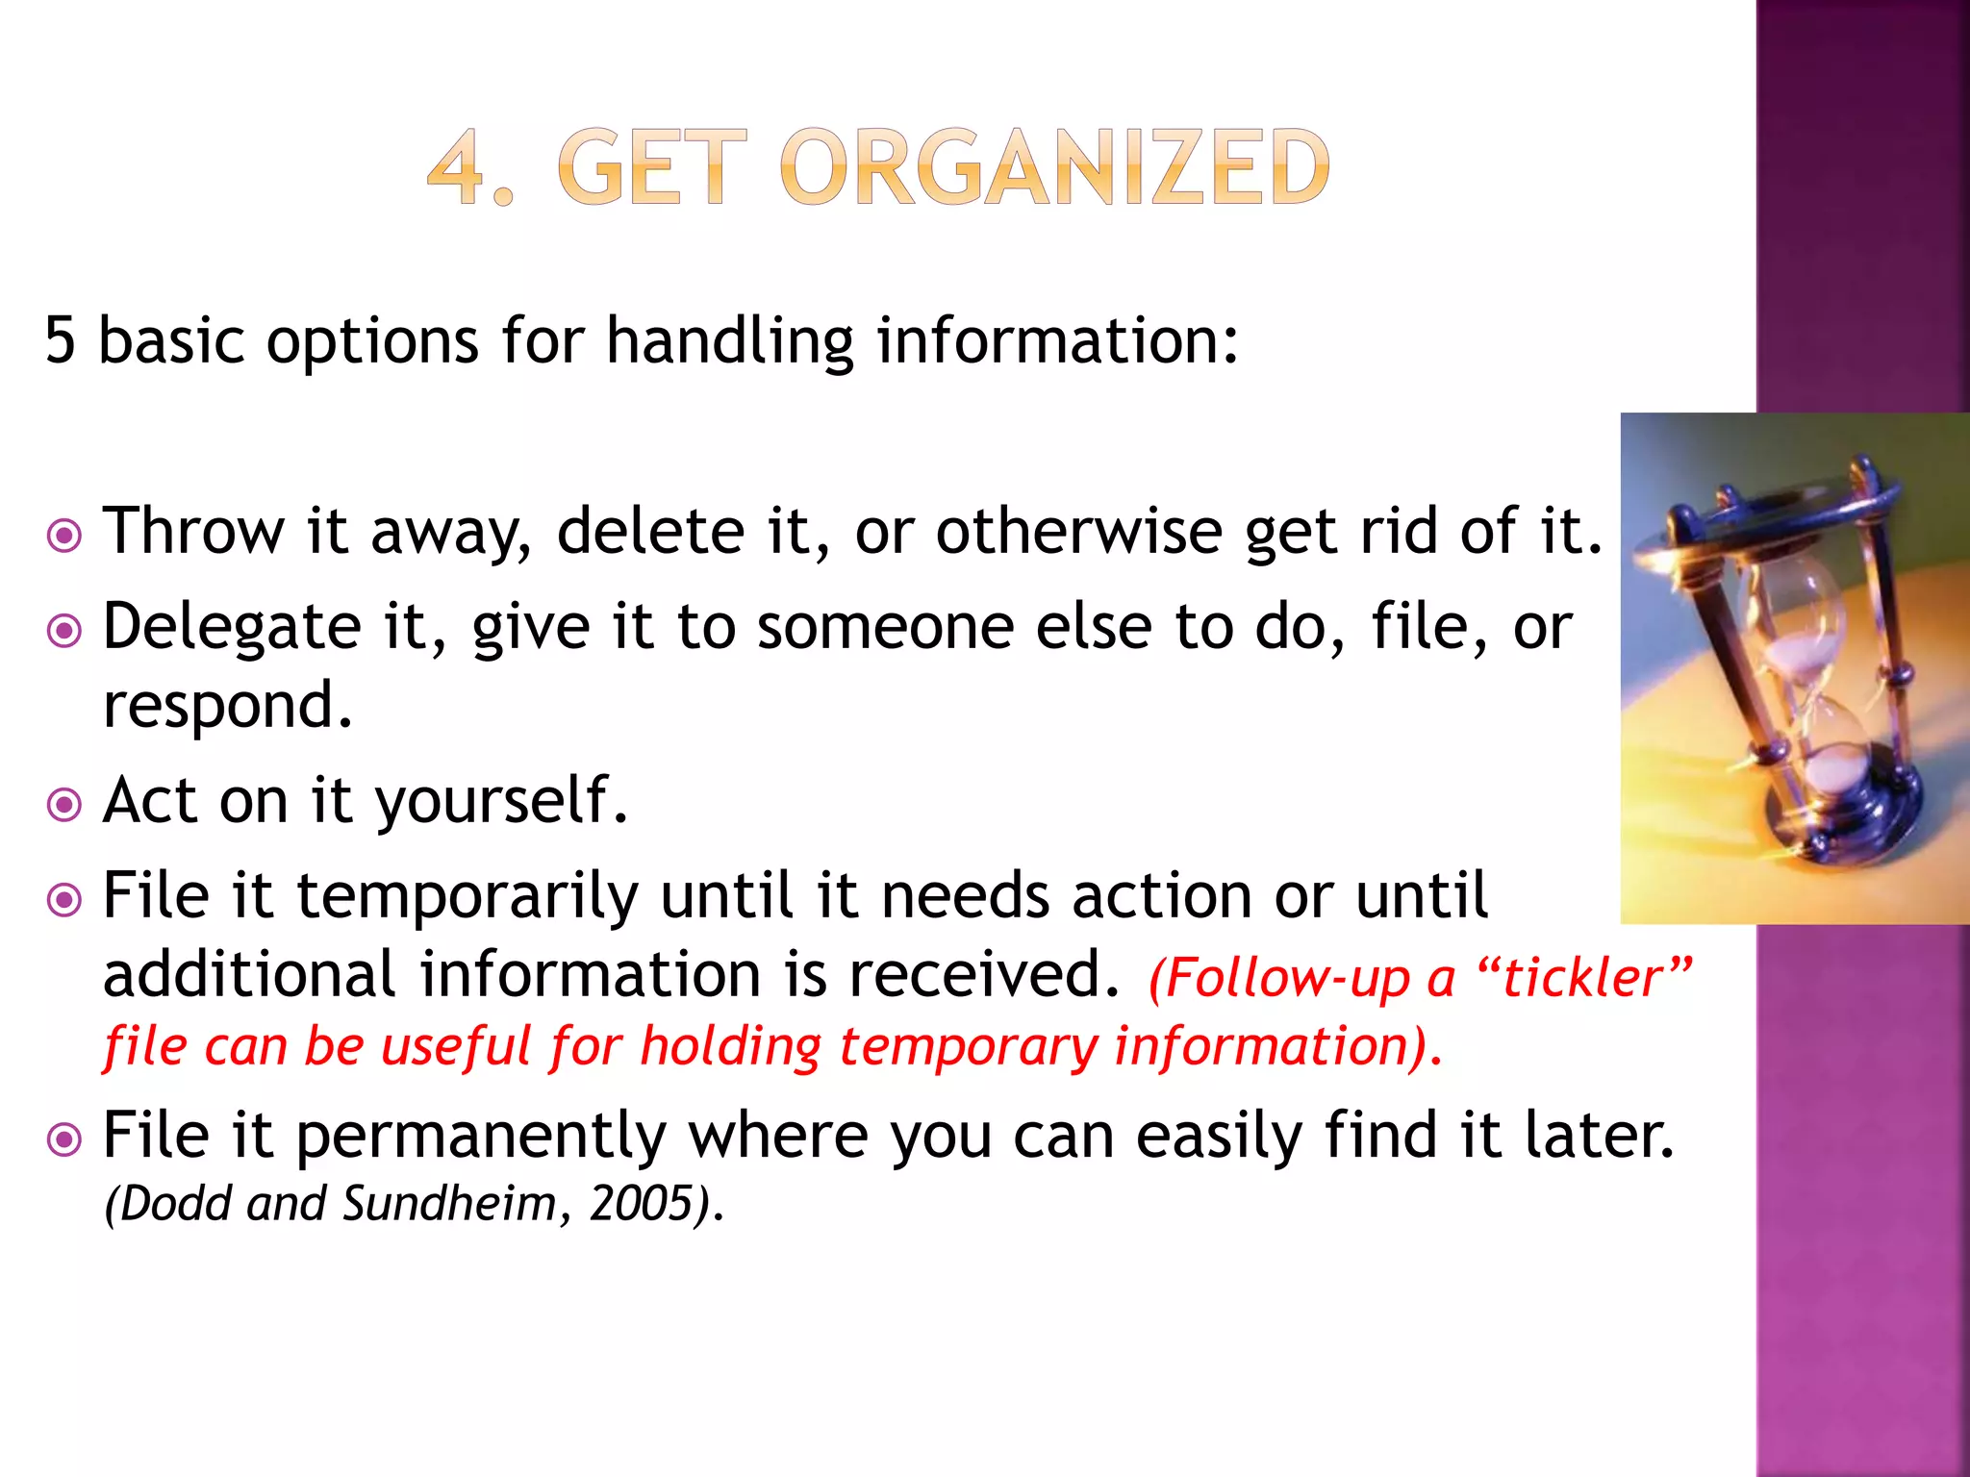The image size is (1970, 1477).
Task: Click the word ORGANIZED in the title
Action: pos(1055,169)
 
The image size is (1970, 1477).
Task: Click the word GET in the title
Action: pos(651,169)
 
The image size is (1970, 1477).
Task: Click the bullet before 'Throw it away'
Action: pos(64,536)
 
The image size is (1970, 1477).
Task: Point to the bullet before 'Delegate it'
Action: pos(64,632)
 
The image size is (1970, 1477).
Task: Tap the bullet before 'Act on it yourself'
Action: pos(64,805)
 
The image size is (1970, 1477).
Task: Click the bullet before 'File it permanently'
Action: pos(64,1140)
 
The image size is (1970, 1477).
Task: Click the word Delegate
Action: pos(232,627)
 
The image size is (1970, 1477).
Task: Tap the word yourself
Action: pos(500,801)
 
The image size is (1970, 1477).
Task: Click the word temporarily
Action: pos(467,896)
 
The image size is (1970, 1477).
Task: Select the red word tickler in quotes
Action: pos(1582,979)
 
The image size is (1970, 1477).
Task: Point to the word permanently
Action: pos(480,1137)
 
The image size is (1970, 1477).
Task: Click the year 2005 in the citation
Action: pos(642,1204)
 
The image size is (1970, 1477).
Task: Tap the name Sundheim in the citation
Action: pos(449,1204)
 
